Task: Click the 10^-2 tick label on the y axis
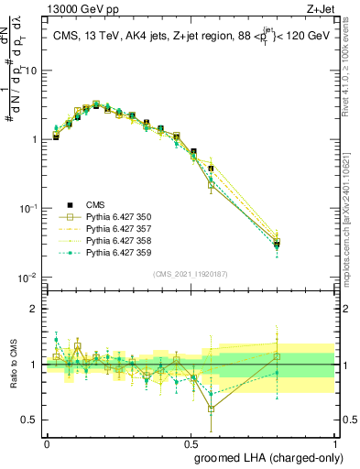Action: (x=28, y=277)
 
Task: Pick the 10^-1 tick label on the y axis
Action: (x=28, y=208)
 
